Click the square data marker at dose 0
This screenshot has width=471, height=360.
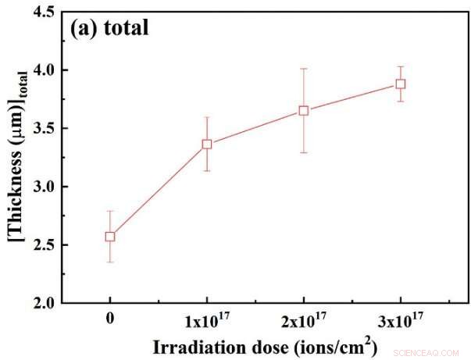pyautogui.click(x=110, y=237)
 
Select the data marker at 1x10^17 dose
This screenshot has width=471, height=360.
pyautogui.click(x=207, y=144)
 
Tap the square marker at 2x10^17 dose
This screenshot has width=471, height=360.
pyautogui.click(x=304, y=110)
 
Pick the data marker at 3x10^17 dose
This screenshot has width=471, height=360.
pyautogui.click(x=401, y=84)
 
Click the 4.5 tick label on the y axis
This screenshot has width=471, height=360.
pyautogui.click(x=45, y=12)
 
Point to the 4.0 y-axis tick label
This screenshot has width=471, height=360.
pyautogui.click(x=45, y=70)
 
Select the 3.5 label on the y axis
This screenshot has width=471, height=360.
pyautogui.click(x=45, y=129)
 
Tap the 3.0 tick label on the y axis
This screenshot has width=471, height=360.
pyautogui.click(x=45, y=187)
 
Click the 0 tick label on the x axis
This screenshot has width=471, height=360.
pyautogui.click(x=110, y=319)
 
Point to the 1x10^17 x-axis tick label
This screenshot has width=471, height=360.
pyautogui.click(x=207, y=319)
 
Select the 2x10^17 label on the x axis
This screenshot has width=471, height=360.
pyautogui.click(x=304, y=319)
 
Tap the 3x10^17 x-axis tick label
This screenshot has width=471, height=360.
pyautogui.click(x=401, y=319)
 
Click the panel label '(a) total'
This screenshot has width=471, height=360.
pyautogui.click(x=109, y=29)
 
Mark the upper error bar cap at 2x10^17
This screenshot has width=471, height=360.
pyautogui.click(x=304, y=69)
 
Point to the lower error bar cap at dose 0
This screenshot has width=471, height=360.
pyautogui.click(x=110, y=262)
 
